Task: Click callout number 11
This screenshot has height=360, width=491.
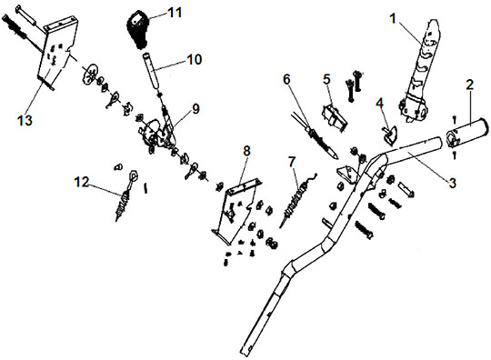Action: (175, 13)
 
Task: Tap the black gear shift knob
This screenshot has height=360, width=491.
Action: (138, 29)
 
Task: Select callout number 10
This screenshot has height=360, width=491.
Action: (195, 59)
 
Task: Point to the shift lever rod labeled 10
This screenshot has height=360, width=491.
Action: (151, 69)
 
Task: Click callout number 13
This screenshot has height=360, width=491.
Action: (25, 120)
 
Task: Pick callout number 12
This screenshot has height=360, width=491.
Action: (82, 182)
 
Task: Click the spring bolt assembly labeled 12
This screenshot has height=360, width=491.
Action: (125, 195)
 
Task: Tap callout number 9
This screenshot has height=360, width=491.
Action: (195, 108)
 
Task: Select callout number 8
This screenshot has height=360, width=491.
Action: (246, 151)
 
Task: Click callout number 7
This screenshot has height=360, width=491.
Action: (292, 162)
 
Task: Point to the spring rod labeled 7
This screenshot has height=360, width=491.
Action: (297, 200)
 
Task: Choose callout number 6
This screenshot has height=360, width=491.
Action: (286, 79)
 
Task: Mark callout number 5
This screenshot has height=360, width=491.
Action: (326, 79)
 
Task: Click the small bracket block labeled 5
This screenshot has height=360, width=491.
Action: (334, 115)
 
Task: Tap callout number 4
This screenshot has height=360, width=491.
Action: (380, 103)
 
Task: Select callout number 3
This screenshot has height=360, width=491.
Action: (452, 183)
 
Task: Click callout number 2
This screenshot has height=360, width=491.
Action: (470, 85)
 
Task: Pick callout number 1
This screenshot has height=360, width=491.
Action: (393, 19)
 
